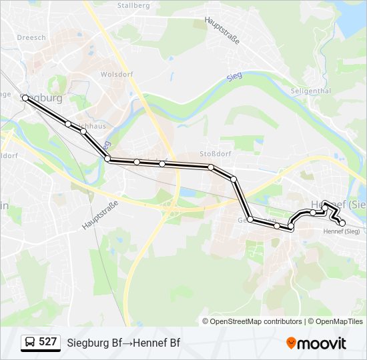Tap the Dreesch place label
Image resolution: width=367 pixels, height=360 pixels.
(x=31, y=37)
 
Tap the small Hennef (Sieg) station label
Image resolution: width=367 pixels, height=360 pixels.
(x=341, y=231)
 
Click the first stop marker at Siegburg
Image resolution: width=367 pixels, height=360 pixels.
(x=25, y=98)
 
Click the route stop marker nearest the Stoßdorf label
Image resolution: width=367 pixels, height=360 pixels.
(x=210, y=167)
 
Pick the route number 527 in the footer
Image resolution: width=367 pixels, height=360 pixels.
(x=47, y=342)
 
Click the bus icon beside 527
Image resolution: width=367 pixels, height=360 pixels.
(x=29, y=343)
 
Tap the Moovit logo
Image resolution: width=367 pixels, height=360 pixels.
(x=316, y=343)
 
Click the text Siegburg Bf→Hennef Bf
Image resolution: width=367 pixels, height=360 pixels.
(x=123, y=343)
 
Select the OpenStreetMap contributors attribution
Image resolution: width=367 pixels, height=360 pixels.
(x=256, y=321)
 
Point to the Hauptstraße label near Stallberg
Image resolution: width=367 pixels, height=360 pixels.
(x=222, y=30)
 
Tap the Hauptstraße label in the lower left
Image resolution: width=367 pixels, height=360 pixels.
(x=100, y=215)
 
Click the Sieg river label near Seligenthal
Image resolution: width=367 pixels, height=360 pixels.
(x=234, y=77)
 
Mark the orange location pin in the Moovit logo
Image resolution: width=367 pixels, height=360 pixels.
(x=291, y=343)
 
